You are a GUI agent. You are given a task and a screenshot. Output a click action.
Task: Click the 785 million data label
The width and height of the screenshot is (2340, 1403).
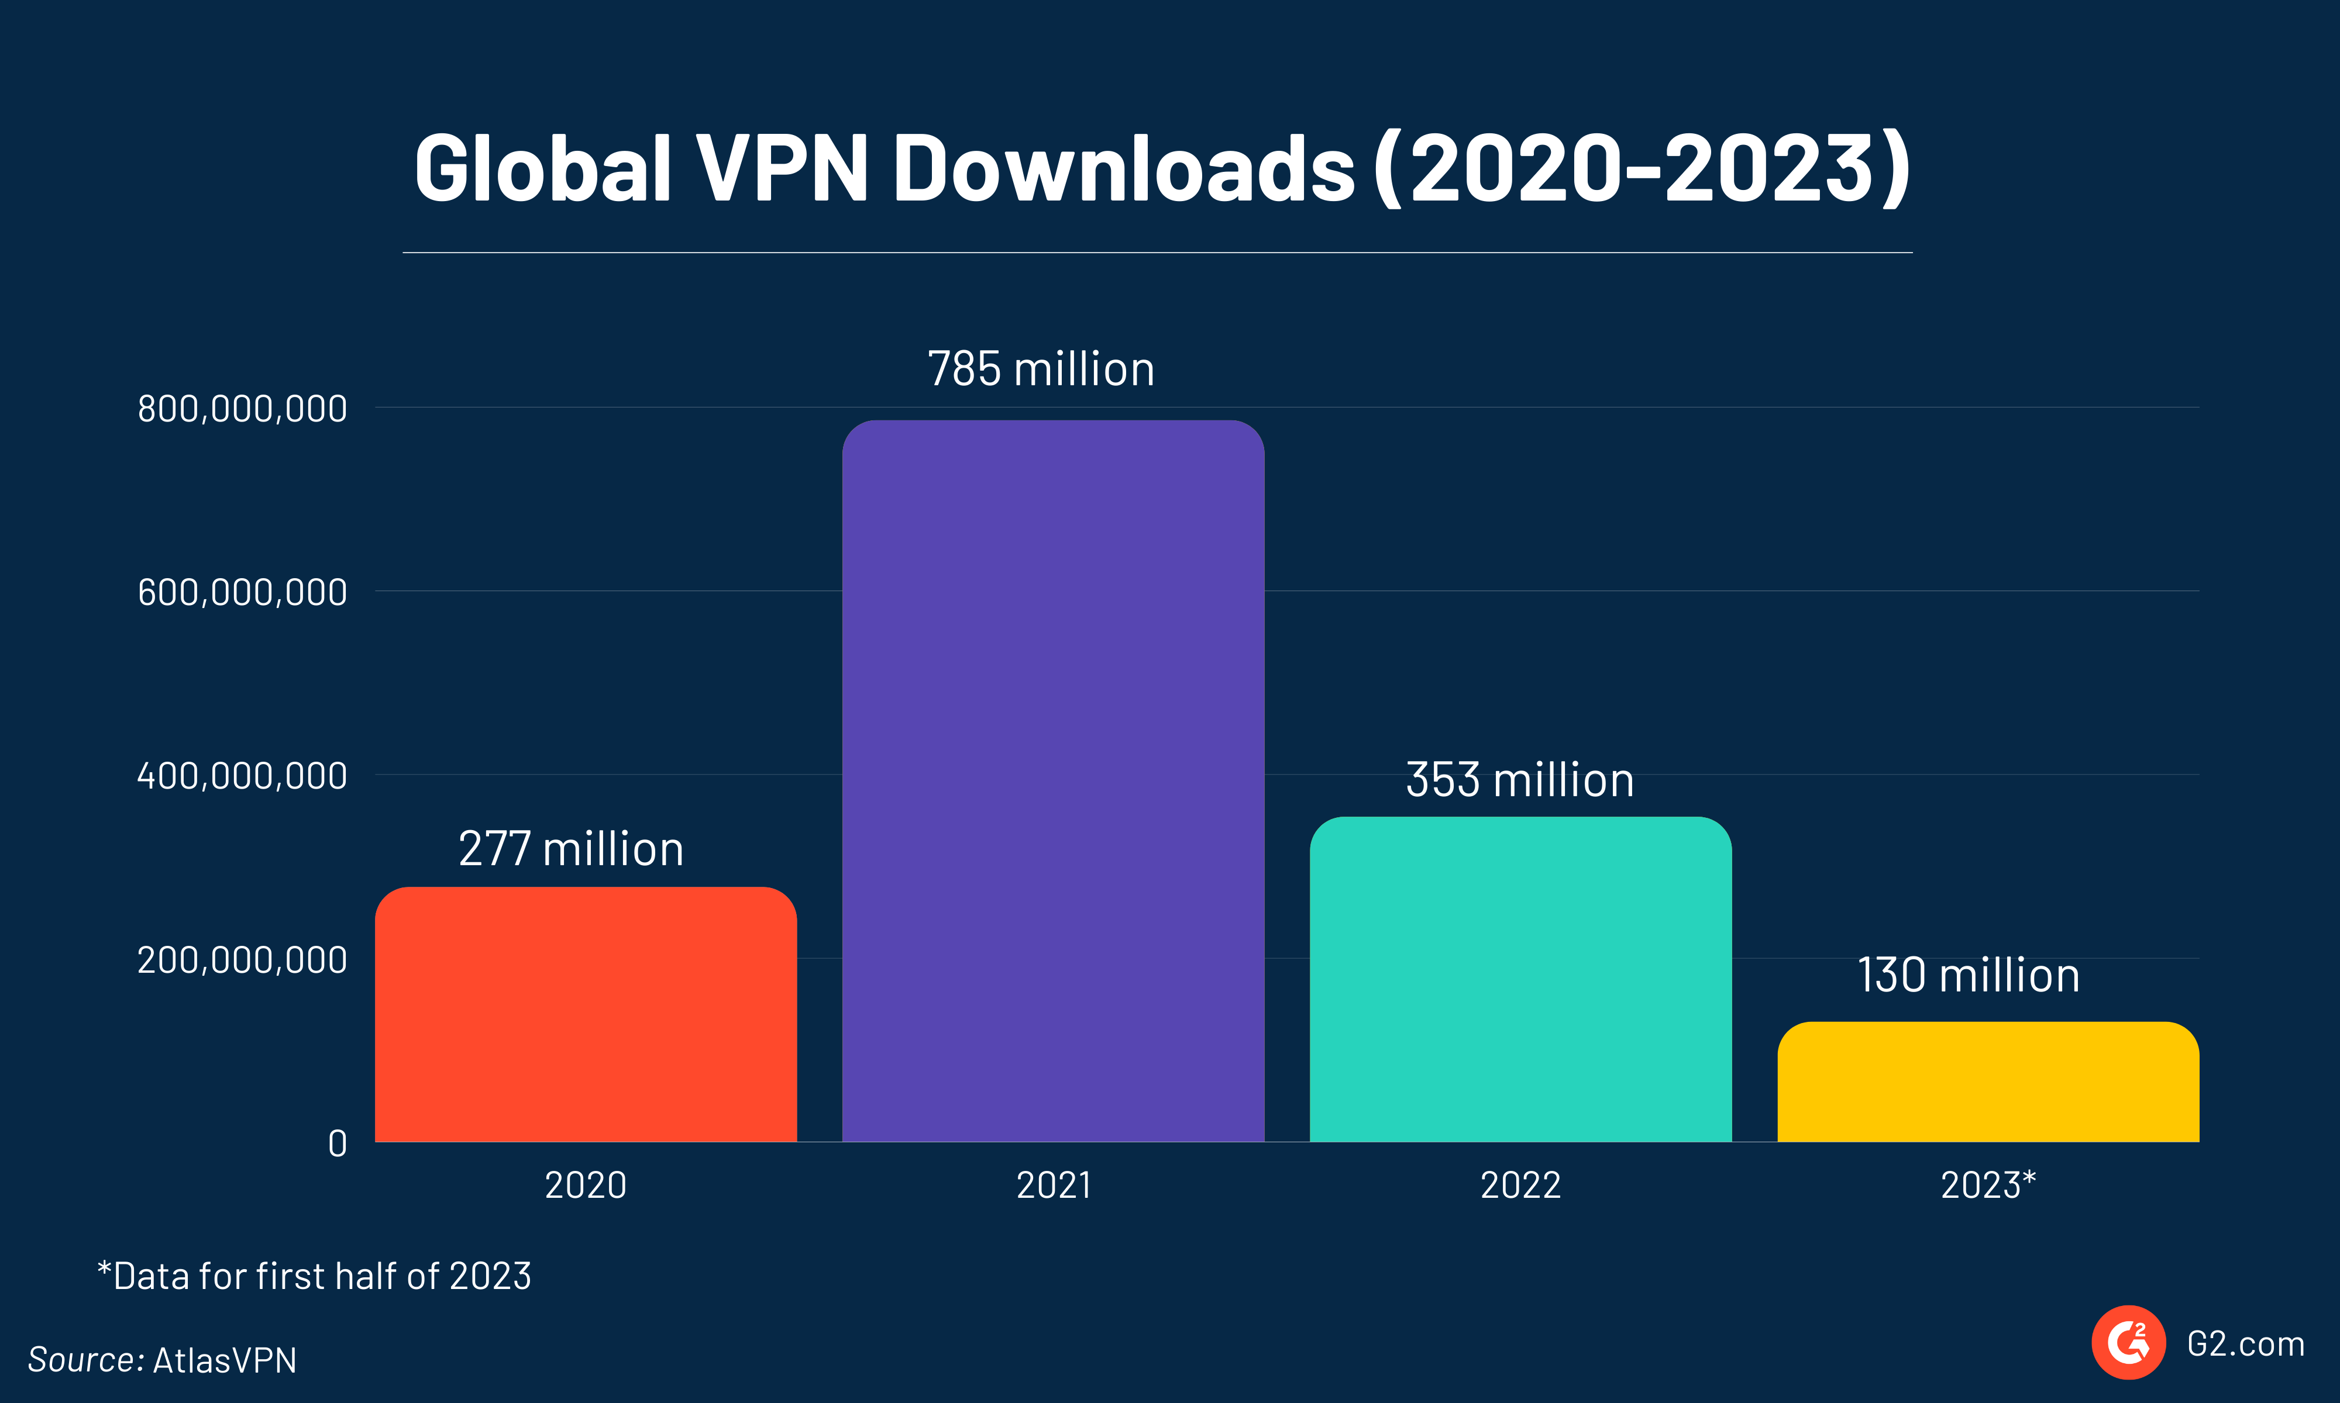click(x=1040, y=369)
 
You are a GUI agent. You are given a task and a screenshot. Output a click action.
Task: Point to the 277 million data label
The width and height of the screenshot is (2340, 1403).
click(x=570, y=848)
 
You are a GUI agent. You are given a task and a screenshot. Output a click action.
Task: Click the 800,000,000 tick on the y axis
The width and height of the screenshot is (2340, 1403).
click(x=242, y=409)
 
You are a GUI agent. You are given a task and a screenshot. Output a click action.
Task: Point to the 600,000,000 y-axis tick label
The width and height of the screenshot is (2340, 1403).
click(x=242, y=593)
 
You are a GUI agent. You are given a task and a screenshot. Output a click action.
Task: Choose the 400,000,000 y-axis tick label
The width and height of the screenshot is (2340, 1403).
click(x=242, y=776)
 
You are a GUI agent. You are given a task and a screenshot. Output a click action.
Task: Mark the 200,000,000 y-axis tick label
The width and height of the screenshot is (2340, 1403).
click(x=242, y=960)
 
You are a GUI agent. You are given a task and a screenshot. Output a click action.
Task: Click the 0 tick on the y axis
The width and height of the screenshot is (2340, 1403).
click(x=338, y=1144)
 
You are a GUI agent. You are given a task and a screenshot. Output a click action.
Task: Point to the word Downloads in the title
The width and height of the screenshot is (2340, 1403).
click(x=1124, y=168)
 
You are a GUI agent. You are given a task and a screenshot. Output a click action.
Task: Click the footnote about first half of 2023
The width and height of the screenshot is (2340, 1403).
click(x=314, y=1276)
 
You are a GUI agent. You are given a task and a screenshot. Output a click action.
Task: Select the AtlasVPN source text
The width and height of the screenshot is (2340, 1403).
click(x=224, y=1360)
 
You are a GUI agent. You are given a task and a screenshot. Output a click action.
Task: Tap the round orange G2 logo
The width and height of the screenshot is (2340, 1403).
click(x=2128, y=1342)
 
